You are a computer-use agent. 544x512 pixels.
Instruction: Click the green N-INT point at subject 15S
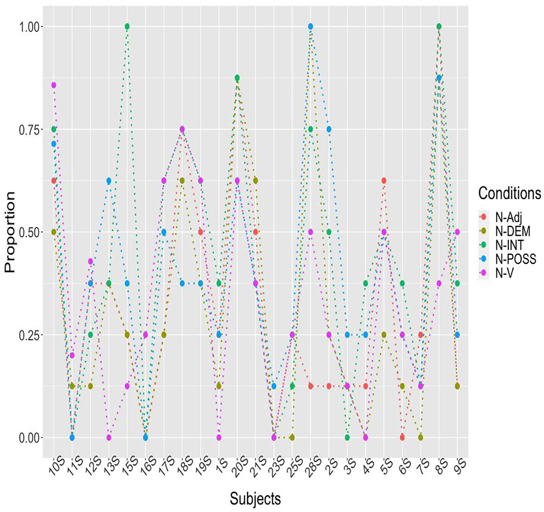pyautogui.click(x=127, y=26)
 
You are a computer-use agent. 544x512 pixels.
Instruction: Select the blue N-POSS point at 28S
pyautogui.click(x=310, y=26)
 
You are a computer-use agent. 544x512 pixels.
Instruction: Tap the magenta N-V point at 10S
pyautogui.click(x=54, y=85)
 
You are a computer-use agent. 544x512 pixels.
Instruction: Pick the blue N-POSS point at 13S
pyautogui.click(x=108, y=181)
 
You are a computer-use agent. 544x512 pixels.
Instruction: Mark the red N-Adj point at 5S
pyautogui.click(x=384, y=181)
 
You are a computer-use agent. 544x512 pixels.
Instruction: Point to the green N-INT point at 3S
pyautogui.click(x=347, y=437)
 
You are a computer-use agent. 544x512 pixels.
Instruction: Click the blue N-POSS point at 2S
pyautogui.click(x=329, y=129)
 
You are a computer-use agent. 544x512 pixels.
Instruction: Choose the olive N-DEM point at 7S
pyautogui.click(x=420, y=437)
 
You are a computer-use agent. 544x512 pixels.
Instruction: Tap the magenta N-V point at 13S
pyautogui.click(x=108, y=437)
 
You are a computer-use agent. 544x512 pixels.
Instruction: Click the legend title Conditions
pyautogui.click(x=509, y=193)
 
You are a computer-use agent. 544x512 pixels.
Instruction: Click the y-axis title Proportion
pyautogui.click(x=10, y=232)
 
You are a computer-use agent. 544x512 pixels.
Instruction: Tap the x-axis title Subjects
pyautogui.click(x=257, y=497)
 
